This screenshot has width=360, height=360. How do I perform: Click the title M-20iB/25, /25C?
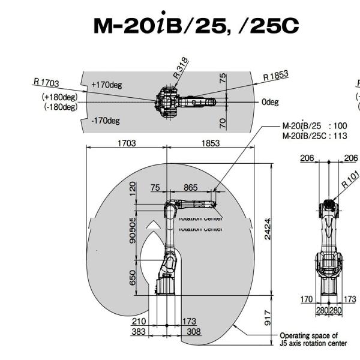196,25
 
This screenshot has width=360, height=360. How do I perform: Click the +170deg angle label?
107,85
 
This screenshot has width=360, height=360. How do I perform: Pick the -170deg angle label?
106,121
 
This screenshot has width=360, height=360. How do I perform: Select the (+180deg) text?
59,97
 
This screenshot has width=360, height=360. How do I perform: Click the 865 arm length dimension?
190,188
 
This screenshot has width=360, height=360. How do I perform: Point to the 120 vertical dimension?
133,190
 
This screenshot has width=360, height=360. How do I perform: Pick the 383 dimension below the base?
140,332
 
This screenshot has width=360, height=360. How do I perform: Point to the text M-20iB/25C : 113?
314,136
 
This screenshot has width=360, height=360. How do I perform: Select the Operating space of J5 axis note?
313,340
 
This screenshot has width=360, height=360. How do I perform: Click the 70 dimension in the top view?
223,123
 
